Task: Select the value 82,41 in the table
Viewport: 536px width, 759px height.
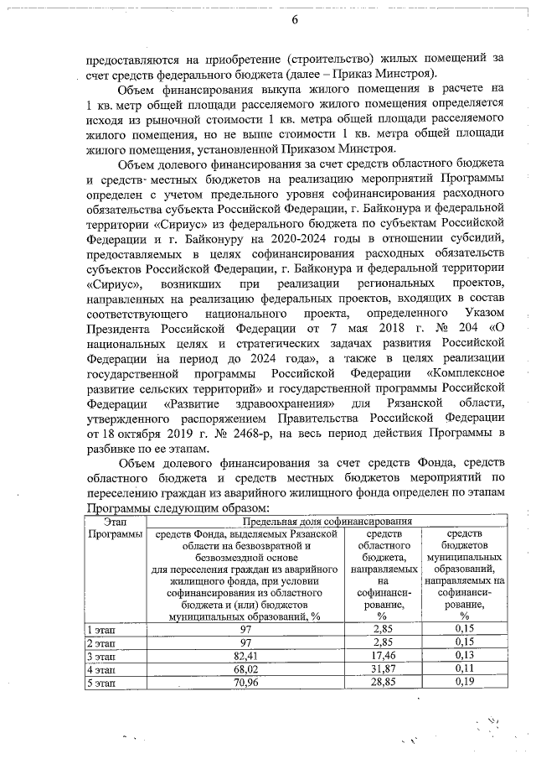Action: (245, 654)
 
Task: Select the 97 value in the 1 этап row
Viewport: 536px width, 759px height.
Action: (245, 628)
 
